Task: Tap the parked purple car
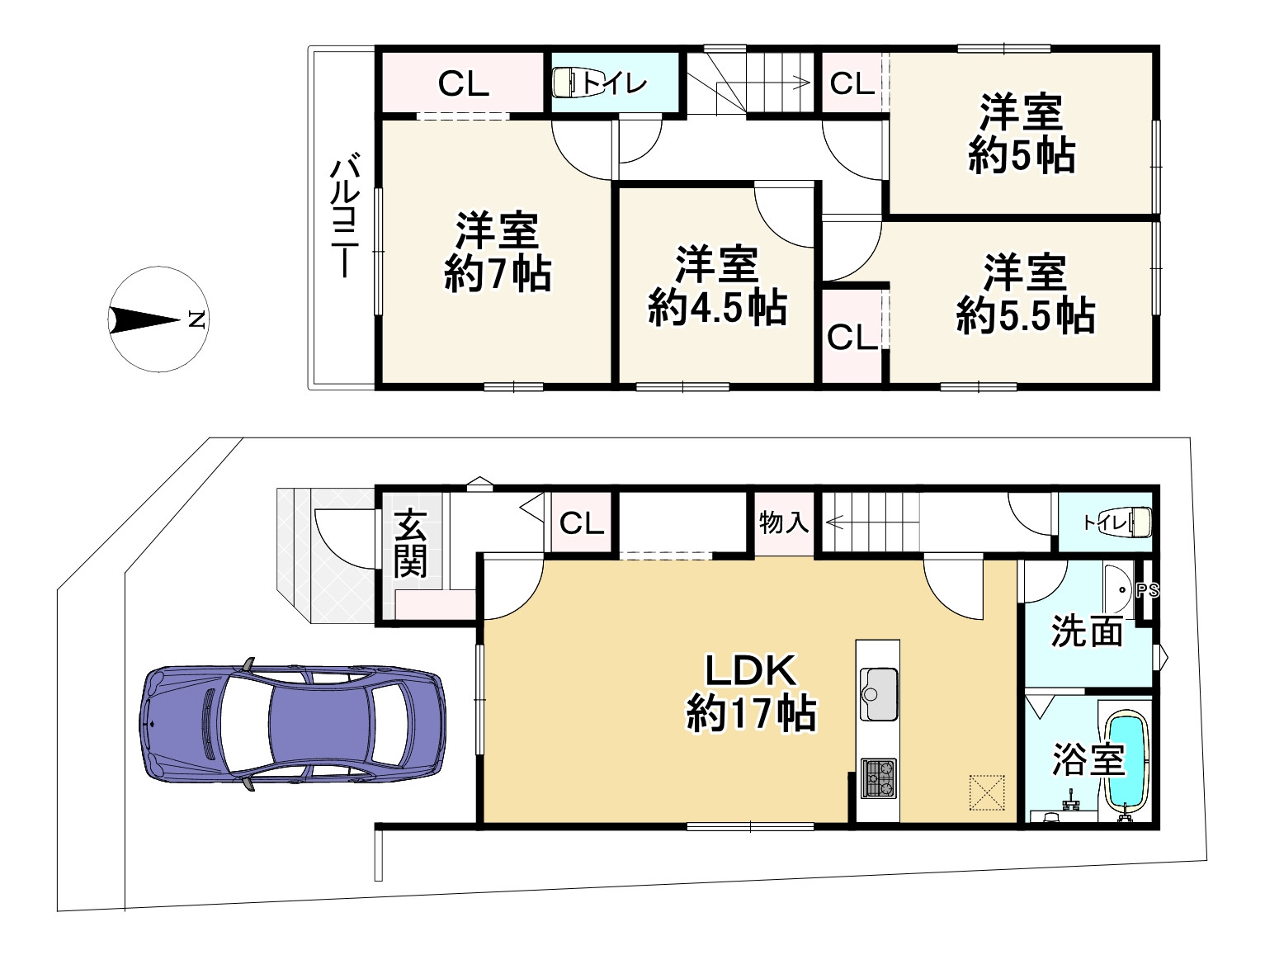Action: click(292, 724)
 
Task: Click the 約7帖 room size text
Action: click(498, 273)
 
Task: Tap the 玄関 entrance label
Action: click(410, 542)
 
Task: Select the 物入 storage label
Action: click(784, 522)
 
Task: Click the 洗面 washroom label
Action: click(1087, 631)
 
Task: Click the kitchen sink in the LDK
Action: click(879, 694)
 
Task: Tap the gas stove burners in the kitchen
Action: click(879, 778)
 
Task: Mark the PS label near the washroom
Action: click(1147, 591)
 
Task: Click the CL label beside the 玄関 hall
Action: click(582, 523)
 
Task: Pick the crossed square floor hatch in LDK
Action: click(987, 792)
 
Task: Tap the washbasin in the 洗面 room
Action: click(1119, 590)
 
